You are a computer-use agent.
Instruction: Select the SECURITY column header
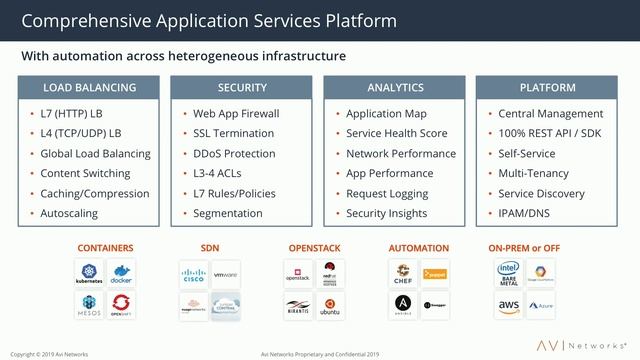click(x=242, y=88)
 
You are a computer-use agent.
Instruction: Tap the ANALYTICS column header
click(x=395, y=88)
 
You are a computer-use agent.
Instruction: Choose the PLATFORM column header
click(x=547, y=88)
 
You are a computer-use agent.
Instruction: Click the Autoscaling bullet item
click(x=75, y=213)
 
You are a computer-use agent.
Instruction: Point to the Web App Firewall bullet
click(x=236, y=114)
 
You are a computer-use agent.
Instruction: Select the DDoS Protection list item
click(x=234, y=154)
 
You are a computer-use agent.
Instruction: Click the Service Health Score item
click(x=396, y=134)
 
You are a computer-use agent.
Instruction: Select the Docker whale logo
click(x=121, y=273)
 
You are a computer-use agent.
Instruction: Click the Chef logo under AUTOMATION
click(x=404, y=273)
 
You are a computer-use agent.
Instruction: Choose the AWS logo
click(x=507, y=304)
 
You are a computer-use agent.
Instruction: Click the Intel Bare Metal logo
click(x=507, y=273)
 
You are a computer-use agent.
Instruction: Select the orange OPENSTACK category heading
click(x=313, y=246)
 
